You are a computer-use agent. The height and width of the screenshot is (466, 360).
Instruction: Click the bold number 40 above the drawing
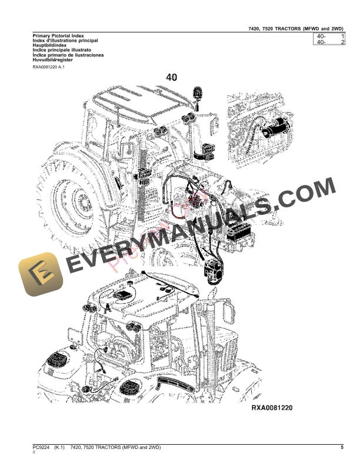[x=172, y=77]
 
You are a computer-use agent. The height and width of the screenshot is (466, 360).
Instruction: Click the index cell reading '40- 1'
[x=329, y=36]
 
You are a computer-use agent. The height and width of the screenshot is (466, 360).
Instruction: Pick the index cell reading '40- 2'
[x=329, y=43]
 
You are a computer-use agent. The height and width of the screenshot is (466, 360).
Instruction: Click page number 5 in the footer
[x=342, y=448]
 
